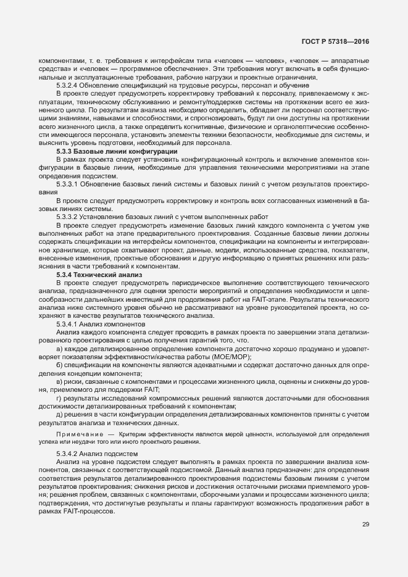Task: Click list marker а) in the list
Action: tap(59, 349)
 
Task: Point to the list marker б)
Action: tap(59, 365)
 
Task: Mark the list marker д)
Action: tap(59, 413)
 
